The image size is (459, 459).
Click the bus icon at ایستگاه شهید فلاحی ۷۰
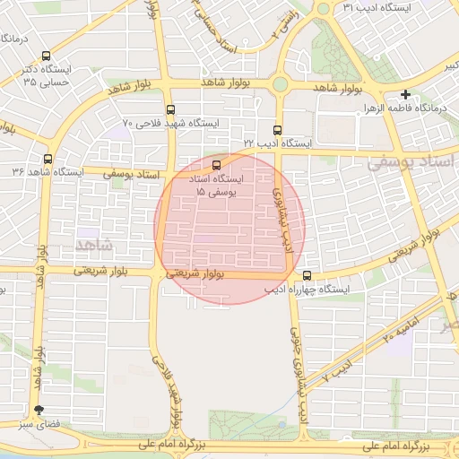coord(171,110)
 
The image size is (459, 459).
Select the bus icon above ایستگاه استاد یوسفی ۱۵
coord(215,165)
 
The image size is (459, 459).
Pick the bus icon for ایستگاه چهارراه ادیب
coord(307,276)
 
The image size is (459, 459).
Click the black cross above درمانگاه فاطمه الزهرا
coord(406,94)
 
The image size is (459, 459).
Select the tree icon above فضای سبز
coord(38,409)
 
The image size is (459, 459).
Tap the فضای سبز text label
coord(39,424)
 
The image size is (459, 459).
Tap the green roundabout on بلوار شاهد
coord(280,84)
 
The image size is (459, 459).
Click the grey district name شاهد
coord(92,244)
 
